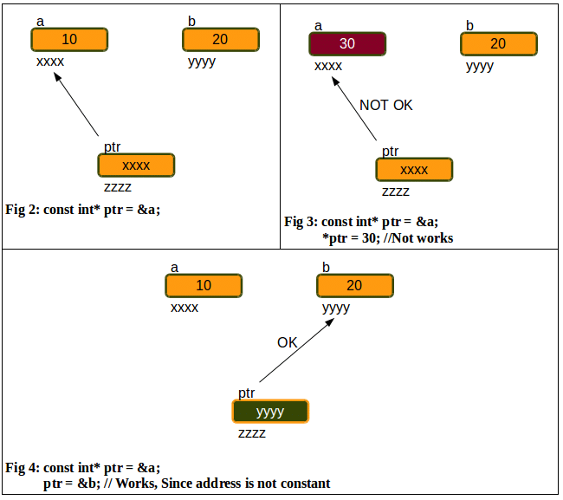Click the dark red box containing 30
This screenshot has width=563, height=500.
click(346, 44)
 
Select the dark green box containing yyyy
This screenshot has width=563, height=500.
click(270, 412)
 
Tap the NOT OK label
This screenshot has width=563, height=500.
click(386, 105)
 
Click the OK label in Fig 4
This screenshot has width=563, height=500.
click(288, 342)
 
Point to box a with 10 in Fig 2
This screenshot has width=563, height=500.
click(69, 40)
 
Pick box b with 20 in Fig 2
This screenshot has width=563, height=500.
click(221, 40)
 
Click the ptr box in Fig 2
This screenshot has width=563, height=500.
click(136, 166)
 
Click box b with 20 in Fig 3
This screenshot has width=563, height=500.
click(498, 44)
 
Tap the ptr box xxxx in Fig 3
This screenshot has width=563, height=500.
click(414, 170)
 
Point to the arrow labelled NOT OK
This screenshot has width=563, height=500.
click(355, 108)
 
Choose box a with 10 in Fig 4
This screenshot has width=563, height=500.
click(204, 286)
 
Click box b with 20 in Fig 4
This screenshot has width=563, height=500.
click(355, 286)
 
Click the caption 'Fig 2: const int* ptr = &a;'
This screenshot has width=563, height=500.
click(84, 209)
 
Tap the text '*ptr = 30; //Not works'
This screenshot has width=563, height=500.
click(387, 237)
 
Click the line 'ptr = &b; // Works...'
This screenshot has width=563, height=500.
click(186, 483)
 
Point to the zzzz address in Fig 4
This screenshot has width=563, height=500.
click(252, 433)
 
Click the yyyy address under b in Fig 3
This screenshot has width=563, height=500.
click(479, 66)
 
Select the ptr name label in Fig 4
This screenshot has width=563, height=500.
click(247, 393)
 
